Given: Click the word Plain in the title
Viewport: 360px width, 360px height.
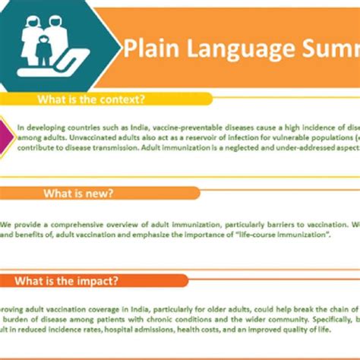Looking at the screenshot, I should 149,49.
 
